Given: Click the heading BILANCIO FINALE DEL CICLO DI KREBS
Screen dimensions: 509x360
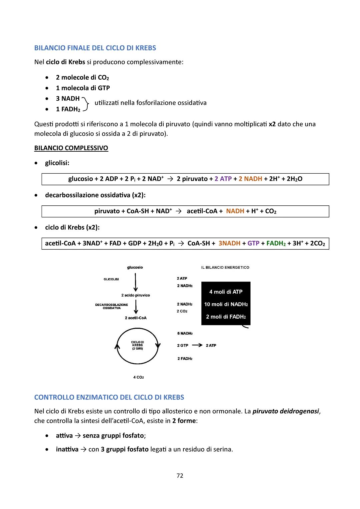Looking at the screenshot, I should [95, 48].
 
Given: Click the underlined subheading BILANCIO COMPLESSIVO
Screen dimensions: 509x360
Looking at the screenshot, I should [71, 148].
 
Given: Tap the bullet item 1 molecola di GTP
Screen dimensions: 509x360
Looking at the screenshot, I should [83, 88].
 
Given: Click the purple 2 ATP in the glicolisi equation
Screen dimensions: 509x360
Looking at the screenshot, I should [223, 179].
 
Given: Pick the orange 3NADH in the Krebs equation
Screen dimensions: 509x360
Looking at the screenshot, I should [229, 243].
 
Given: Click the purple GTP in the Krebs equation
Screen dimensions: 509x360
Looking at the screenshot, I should [253, 243].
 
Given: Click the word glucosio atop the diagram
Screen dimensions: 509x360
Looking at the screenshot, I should [135, 267].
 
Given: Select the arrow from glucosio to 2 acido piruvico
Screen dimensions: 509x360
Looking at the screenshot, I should [135, 282].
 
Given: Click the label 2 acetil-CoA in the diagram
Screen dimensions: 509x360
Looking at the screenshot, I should [136, 318].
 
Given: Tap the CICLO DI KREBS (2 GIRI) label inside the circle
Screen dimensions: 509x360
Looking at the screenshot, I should [137, 345].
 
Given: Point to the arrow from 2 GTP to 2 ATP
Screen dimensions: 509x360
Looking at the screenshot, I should [197, 345].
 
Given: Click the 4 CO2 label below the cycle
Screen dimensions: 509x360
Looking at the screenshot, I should [138, 377].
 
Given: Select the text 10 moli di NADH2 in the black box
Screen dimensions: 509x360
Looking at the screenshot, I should [226, 304].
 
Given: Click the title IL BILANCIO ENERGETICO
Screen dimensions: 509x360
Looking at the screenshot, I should [225, 267].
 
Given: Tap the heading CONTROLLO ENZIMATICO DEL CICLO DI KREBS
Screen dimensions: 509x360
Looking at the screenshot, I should [109, 397].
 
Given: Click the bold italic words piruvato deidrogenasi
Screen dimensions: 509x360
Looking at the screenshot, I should [286, 411].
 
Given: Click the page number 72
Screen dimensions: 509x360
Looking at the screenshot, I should [180, 476].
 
